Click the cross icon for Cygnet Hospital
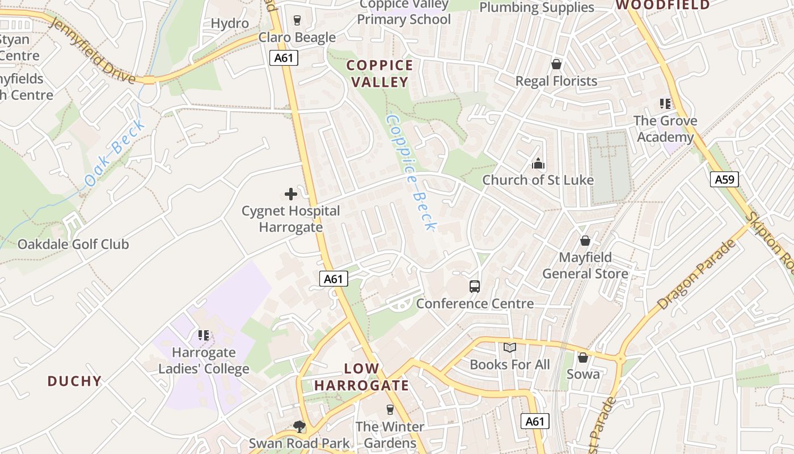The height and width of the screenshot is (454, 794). coord(290,194)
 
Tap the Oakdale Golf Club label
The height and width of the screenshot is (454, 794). coord(73,245)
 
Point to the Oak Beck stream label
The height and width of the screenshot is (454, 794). coord(115,154)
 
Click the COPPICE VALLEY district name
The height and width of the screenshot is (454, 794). coord(380,74)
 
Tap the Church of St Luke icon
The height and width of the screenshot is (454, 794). coord(538,164)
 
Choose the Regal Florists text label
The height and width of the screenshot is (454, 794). coord(556,81)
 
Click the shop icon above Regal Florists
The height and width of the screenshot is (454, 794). coord(556,64)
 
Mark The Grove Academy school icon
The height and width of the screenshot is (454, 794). coord(665,104)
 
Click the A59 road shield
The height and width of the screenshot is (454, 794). coord(724,180)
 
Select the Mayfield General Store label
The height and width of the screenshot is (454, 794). coord(585,266)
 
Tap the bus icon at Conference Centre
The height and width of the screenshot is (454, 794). coord(475,287)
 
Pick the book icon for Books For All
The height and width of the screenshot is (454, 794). coord(510,347)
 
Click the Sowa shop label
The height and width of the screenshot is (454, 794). coord(582,374)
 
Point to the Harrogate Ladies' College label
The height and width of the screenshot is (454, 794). coord(204,361)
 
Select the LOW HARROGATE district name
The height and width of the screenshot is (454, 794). coord(361,377)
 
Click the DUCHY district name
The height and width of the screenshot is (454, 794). coord(74,381)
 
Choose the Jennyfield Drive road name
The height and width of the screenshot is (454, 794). coord(92,50)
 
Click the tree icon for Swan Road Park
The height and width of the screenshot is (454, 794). coord(299,426)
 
